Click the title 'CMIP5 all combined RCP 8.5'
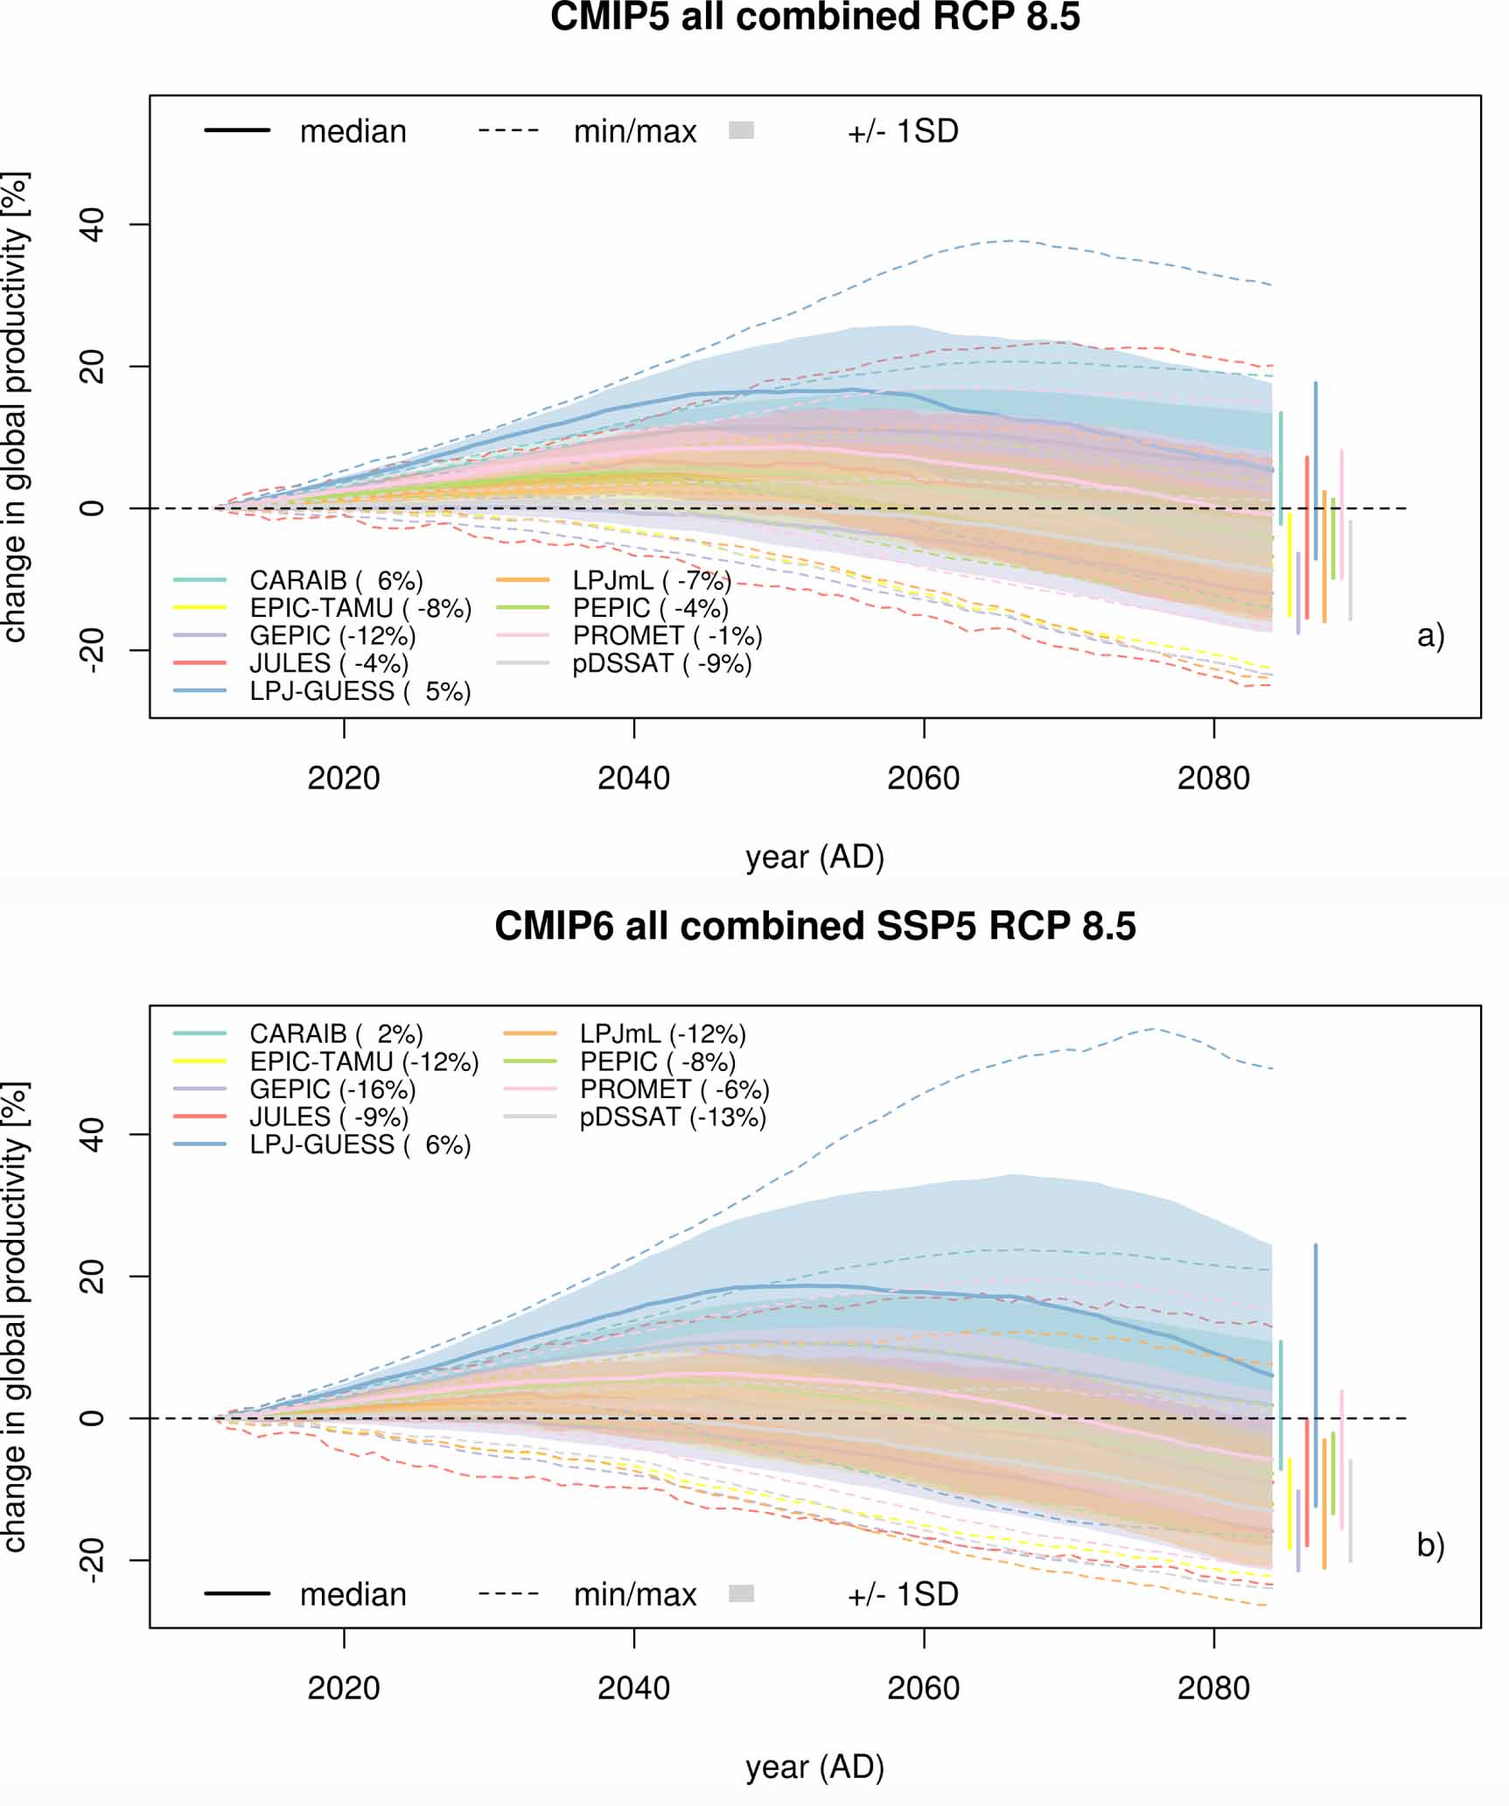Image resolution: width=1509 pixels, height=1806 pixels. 814,17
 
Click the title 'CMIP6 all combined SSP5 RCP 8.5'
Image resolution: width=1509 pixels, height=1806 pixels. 814,927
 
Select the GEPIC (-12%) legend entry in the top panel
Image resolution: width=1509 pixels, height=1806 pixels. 332,635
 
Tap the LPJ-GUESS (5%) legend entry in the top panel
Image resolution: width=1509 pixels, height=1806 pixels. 360,691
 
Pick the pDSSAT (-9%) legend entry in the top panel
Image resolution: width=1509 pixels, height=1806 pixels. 662,663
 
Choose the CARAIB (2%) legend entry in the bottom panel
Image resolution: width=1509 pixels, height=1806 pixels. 336,1033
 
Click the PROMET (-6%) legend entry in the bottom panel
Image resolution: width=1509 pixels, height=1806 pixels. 674,1089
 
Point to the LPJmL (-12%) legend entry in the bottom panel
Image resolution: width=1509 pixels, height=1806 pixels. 662,1033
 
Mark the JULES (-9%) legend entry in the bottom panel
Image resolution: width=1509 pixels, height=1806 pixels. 329,1117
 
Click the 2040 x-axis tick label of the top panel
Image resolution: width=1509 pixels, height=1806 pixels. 633,778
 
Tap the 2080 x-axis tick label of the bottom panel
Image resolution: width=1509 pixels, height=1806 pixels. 1213,1688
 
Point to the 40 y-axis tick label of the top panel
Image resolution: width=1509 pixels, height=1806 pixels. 91,225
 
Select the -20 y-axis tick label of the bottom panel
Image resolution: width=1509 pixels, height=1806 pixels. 91,1561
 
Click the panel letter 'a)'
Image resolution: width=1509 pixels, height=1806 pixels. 1430,636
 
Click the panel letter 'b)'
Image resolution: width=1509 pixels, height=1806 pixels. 1430,1546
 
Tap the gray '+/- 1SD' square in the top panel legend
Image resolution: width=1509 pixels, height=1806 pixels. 741,130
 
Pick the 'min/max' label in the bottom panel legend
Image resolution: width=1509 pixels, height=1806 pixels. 635,1594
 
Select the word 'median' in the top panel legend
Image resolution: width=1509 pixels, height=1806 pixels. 353,131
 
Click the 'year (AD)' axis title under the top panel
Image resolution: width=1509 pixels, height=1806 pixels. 814,857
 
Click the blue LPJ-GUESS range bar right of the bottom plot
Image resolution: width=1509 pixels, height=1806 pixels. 1315,1375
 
